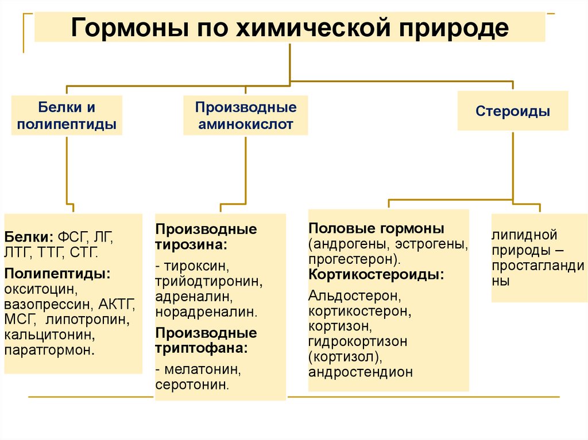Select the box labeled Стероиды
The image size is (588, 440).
pos(513,111)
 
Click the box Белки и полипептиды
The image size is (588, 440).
pos(67,115)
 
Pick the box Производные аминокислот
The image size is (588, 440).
pos(246,115)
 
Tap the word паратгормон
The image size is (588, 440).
pos(49,349)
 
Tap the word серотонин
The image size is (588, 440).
pos(192,384)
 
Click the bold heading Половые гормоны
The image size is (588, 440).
pos(376,229)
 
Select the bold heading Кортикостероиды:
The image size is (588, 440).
pos(376,274)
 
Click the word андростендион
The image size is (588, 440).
pos(361,372)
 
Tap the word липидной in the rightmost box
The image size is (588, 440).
pos(525,235)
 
